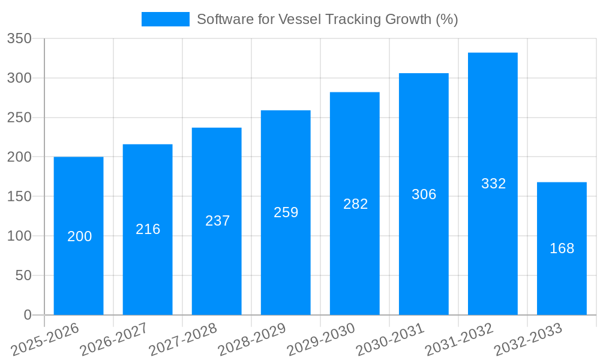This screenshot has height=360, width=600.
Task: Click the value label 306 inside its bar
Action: click(424, 194)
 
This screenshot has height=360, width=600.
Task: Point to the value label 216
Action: click(148, 229)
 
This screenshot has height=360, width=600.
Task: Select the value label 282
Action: click(355, 204)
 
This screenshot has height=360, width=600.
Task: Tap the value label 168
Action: click(562, 248)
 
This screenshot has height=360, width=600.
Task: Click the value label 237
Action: click(217, 221)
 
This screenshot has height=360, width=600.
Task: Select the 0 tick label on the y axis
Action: click(27, 315)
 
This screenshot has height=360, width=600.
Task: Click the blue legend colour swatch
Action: click(165, 19)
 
